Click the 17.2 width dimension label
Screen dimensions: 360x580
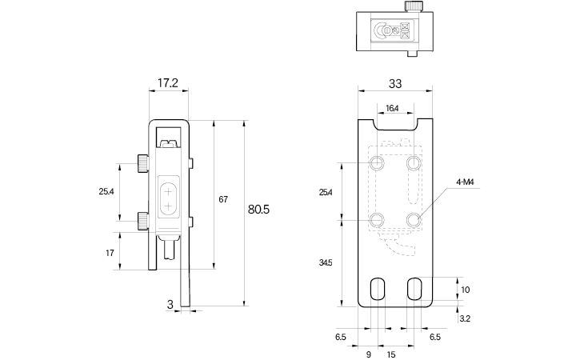coord(168,82)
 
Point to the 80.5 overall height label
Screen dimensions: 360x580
coord(258,210)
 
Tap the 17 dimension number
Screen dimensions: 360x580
coord(109,253)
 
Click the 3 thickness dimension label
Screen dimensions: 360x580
coord(170,304)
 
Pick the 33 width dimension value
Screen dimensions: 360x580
coord(395,82)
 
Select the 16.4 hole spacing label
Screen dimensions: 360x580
coord(392,108)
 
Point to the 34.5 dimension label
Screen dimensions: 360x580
coord(325,262)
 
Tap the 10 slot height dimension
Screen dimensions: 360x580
coord(466,290)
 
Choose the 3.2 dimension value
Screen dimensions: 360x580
coord(465,318)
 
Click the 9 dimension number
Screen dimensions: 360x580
coord(368,353)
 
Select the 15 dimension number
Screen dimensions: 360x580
coord(392,353)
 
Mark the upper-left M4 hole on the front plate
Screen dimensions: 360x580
coord(378,164)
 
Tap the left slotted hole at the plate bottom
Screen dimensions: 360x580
coord(378,290)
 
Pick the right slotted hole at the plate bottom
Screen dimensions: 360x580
coord(414,290)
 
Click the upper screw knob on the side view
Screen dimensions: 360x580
coord(142,165)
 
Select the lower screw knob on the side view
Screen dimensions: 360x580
coord(142,219)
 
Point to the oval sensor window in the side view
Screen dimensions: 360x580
coord(170,198)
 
